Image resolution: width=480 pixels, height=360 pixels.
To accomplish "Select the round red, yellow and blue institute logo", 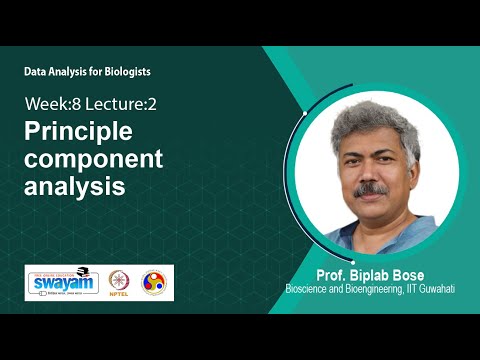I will coord(154,283).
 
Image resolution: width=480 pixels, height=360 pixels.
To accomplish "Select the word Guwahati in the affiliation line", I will coord(437,290).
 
